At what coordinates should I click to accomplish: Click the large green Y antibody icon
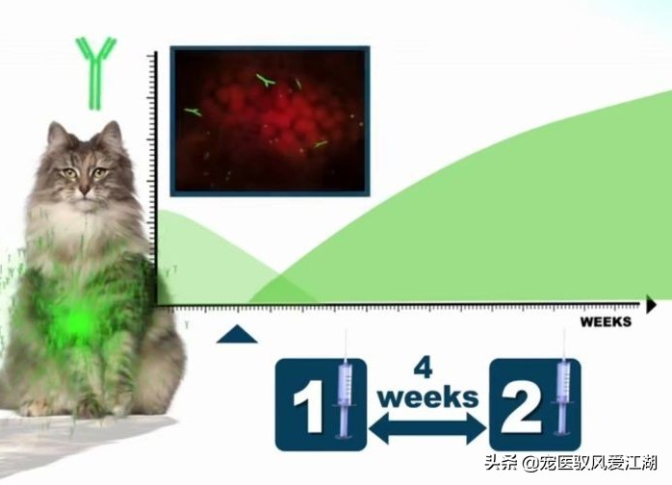pos(96,72)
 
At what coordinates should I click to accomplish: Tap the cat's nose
pos(84,189)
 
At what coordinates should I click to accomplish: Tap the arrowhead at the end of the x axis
pos(651,306)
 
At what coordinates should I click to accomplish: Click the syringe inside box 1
pos(344,395)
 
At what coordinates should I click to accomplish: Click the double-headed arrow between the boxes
pos(427,426)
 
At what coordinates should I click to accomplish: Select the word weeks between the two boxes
pos(427,396)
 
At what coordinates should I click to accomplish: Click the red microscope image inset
pos(270,120)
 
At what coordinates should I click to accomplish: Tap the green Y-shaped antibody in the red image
pos(266,82)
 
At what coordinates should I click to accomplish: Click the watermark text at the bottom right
pos(571,462)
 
